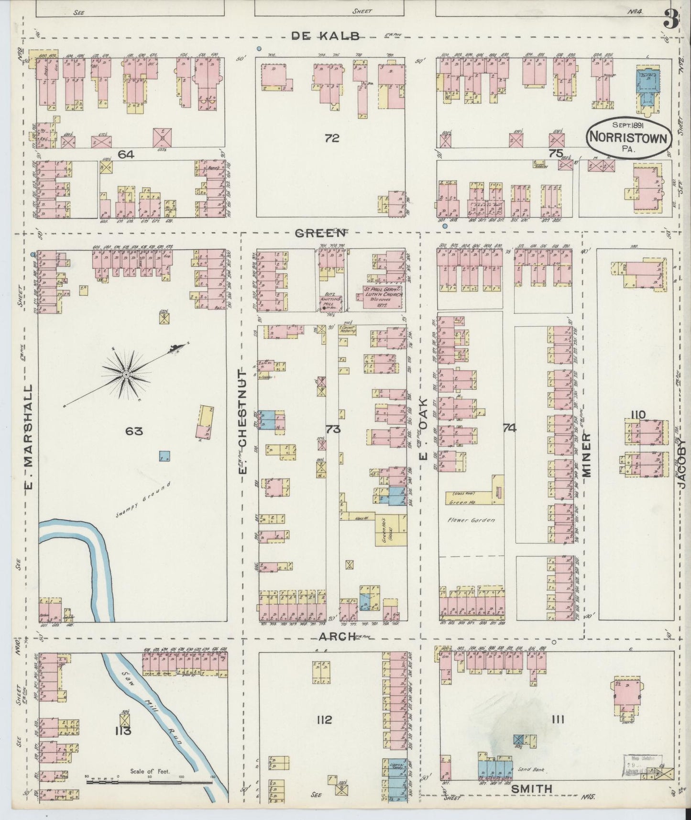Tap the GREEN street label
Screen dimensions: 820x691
coord(320,233)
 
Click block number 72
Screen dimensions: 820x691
coord(331,138)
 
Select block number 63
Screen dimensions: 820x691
coord(134,431)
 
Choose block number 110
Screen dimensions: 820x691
coord(637,414)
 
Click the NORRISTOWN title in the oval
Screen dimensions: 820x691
coord(629,136)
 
